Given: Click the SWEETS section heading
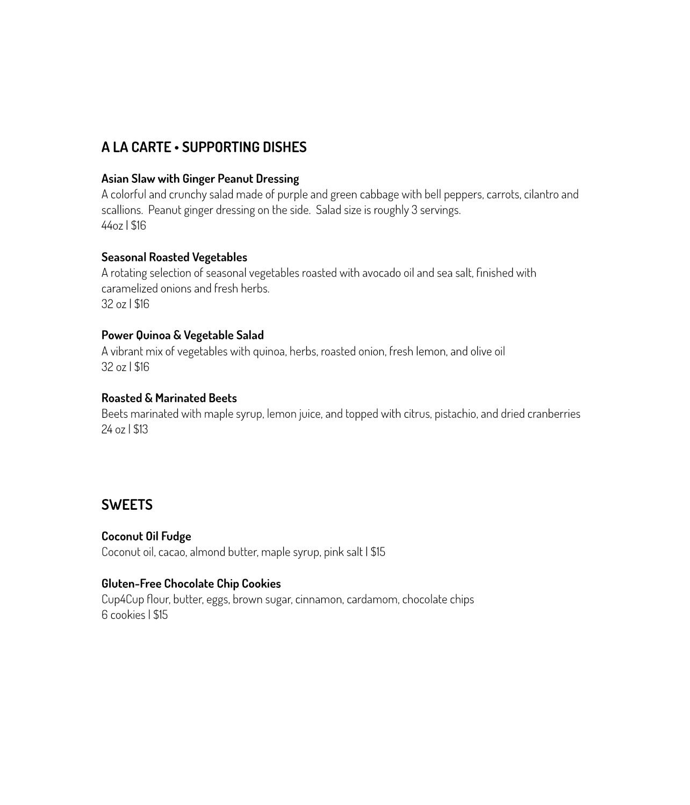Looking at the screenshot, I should click(127, 505).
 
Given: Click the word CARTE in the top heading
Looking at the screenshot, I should click(151, 147).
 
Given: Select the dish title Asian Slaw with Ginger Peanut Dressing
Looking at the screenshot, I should click(200, 179).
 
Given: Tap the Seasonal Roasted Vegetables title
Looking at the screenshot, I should click(174, 257).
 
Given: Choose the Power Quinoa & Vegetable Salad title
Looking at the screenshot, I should click(182, 335).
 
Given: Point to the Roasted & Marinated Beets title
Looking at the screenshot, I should click(169, 398).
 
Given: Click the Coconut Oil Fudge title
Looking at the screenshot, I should click(146, 536).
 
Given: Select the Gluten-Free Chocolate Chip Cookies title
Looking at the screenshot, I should click(191, 583).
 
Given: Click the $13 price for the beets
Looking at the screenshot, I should click(141, 429).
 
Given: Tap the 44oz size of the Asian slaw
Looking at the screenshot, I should click(112, 225).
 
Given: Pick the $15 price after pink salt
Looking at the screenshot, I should click(378, 552).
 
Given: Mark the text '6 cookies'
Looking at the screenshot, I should click(123, 615).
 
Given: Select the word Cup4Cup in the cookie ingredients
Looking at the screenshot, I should click(123, 599).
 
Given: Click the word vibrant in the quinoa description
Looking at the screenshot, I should click(127, 351).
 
